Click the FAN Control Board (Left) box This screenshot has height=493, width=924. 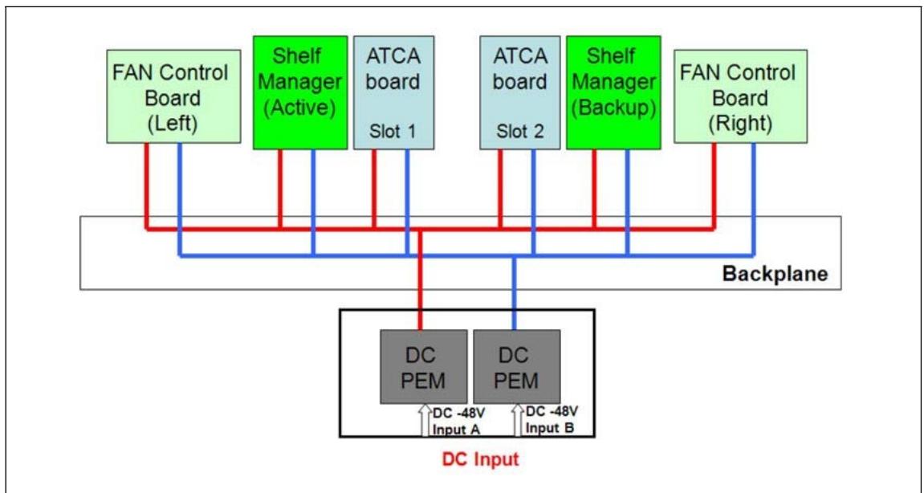tap(173, 96)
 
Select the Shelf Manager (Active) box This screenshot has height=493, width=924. tap(300, 92)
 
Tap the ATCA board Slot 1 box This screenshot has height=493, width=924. tap(393, 92)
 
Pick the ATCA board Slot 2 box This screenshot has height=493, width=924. tap(519, 92)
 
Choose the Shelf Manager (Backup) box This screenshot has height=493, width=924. tap(613, 92)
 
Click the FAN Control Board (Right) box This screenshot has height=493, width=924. tap(740, 96)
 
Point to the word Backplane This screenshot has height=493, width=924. tap(775, 275)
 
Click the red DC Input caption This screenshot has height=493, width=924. tap(481, 458)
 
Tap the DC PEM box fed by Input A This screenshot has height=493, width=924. tap(423, 367)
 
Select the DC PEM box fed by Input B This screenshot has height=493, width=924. tap(517, 367)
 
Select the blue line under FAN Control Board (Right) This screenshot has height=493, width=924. tap(753, 199)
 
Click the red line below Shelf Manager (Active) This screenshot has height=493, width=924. tap(280, 189)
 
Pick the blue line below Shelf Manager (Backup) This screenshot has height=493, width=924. tap(628, 202)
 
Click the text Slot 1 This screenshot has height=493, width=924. tap(393, 131)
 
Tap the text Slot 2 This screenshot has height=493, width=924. tap(519, 131)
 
